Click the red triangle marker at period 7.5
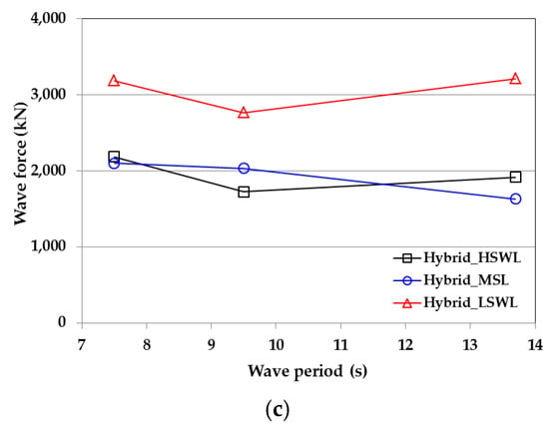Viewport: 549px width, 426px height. (114, 81)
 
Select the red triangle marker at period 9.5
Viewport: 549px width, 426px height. (244, 113)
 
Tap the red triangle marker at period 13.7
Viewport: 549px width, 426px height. (515, 79)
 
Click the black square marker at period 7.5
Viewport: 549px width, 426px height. (114, 156)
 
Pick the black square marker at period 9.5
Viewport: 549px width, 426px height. (244, 192)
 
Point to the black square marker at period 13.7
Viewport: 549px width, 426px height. (515, 177)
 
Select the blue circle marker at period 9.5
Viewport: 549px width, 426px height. (244, 169)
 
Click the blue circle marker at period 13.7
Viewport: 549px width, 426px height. (515, 199)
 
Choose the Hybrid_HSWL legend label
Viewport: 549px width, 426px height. (472, 258)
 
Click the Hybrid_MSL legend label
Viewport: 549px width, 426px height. (466, 280)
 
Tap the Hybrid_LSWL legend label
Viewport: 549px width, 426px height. (470, 302)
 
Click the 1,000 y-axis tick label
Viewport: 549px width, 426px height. (48, 246)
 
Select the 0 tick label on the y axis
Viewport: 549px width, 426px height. (62, 322)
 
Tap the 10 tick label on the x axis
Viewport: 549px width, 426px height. (275, 345)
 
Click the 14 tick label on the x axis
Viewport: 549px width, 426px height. (535, 345)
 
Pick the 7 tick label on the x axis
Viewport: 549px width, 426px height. (82, 345)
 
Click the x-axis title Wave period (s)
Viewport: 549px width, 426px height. (307, 371)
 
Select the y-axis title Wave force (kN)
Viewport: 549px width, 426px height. (21, 164)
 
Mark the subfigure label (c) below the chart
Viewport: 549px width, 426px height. (277, 410)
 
